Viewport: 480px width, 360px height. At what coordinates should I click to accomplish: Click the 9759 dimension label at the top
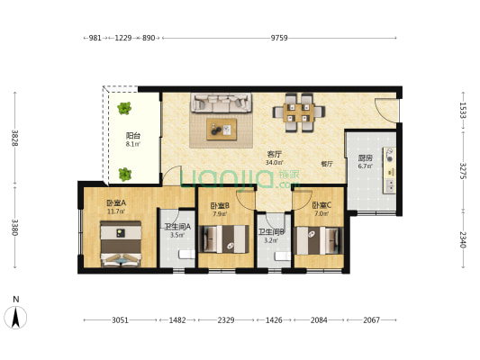[279, 38]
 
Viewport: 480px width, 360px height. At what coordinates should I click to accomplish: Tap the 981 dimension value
[95, 38]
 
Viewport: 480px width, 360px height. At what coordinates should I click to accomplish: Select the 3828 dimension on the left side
[14, 138]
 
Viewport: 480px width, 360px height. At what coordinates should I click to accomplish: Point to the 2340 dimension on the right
[463, 239]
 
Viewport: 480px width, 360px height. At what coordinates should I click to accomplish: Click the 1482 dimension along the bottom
[177, 320]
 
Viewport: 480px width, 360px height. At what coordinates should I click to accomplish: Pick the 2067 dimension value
[371, 320]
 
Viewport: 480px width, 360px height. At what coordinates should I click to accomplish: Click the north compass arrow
[15, 317]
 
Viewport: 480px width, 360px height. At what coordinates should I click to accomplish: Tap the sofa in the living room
[222, 103]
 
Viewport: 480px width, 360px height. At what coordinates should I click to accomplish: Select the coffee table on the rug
[222, 130]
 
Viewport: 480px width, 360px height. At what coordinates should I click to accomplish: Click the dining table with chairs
[299, 112]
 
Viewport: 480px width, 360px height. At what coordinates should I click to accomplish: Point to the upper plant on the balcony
[124, 108]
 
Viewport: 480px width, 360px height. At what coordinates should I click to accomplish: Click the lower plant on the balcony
[124, 174]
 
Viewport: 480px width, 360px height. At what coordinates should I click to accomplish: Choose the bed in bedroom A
[121, 244]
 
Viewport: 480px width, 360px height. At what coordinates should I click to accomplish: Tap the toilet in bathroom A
[186, 255]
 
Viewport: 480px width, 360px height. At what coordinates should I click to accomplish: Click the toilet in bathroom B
[283, 256]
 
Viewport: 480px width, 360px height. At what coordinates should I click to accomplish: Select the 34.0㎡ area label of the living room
[274, 162]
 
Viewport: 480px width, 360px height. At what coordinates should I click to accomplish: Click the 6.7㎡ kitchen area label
[366, 166]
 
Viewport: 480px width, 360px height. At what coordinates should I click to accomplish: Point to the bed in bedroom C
[319, 240]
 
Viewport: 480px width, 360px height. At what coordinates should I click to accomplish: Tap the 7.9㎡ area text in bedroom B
[220, 214]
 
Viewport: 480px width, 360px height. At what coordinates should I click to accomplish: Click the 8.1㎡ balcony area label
[133, 144]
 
